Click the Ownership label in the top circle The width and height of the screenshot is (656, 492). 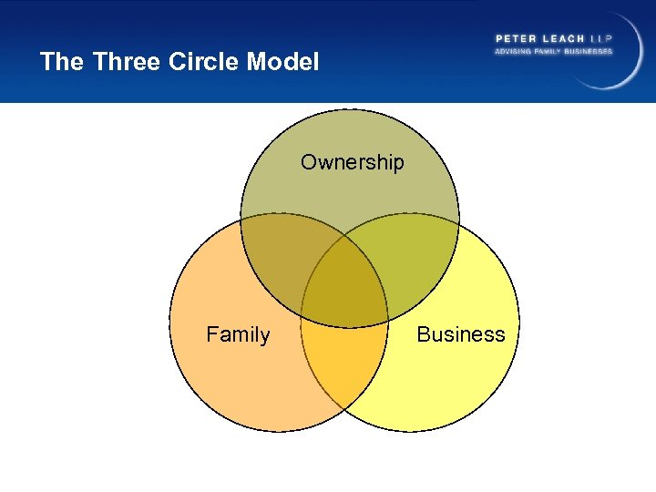tap(352, 163)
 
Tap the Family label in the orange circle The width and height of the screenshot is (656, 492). tap(238, 335)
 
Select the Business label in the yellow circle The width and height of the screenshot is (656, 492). tap(460, 334)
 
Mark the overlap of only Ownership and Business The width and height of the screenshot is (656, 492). tap(415, 264)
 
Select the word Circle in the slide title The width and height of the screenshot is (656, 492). tap(201, 62)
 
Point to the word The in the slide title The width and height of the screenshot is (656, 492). tap(62, 62)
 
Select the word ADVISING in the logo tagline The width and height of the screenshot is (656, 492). tap(514, 51)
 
